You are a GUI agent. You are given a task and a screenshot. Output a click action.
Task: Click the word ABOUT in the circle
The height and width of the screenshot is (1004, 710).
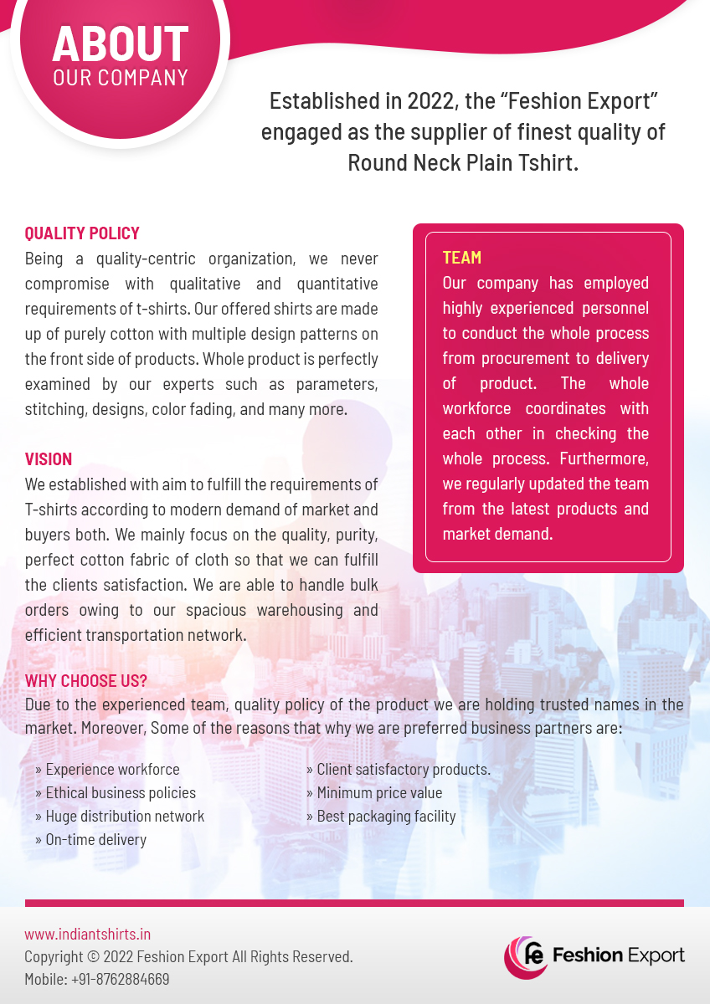[x=121, y=44]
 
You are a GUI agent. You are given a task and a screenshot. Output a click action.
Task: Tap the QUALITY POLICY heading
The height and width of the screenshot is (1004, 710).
[x=82, y=233]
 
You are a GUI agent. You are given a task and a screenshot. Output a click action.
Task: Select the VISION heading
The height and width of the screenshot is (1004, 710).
[x=49, y=459]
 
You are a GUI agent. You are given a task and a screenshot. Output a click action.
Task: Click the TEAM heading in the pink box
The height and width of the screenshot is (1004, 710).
[x=462, y=258]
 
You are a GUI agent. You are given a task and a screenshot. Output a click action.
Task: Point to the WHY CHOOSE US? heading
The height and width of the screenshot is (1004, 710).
[x=86, y=680]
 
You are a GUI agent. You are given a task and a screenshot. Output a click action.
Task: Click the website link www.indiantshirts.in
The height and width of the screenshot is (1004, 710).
[x=87, y=934]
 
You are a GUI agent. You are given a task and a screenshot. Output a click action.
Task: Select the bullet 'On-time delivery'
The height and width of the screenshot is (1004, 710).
[x=95, y=839]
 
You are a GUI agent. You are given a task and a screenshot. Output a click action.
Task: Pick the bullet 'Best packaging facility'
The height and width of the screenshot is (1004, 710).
[x=386, y=816]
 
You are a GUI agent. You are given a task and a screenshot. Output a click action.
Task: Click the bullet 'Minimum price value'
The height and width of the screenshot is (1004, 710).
[x=379, y=792]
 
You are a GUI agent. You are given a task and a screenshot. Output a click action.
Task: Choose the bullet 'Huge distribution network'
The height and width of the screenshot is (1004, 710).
[x=125, y=816]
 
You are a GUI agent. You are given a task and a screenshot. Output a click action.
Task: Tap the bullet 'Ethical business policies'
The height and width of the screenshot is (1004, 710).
[x=121, y=792]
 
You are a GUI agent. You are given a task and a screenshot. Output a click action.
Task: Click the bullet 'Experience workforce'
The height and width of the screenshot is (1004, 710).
[x=112, y=769]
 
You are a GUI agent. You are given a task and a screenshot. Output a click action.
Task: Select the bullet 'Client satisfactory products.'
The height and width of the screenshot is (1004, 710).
[x=404, y=769]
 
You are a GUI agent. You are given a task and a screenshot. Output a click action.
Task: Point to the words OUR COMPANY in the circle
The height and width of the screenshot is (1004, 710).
[x=121, y=78]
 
